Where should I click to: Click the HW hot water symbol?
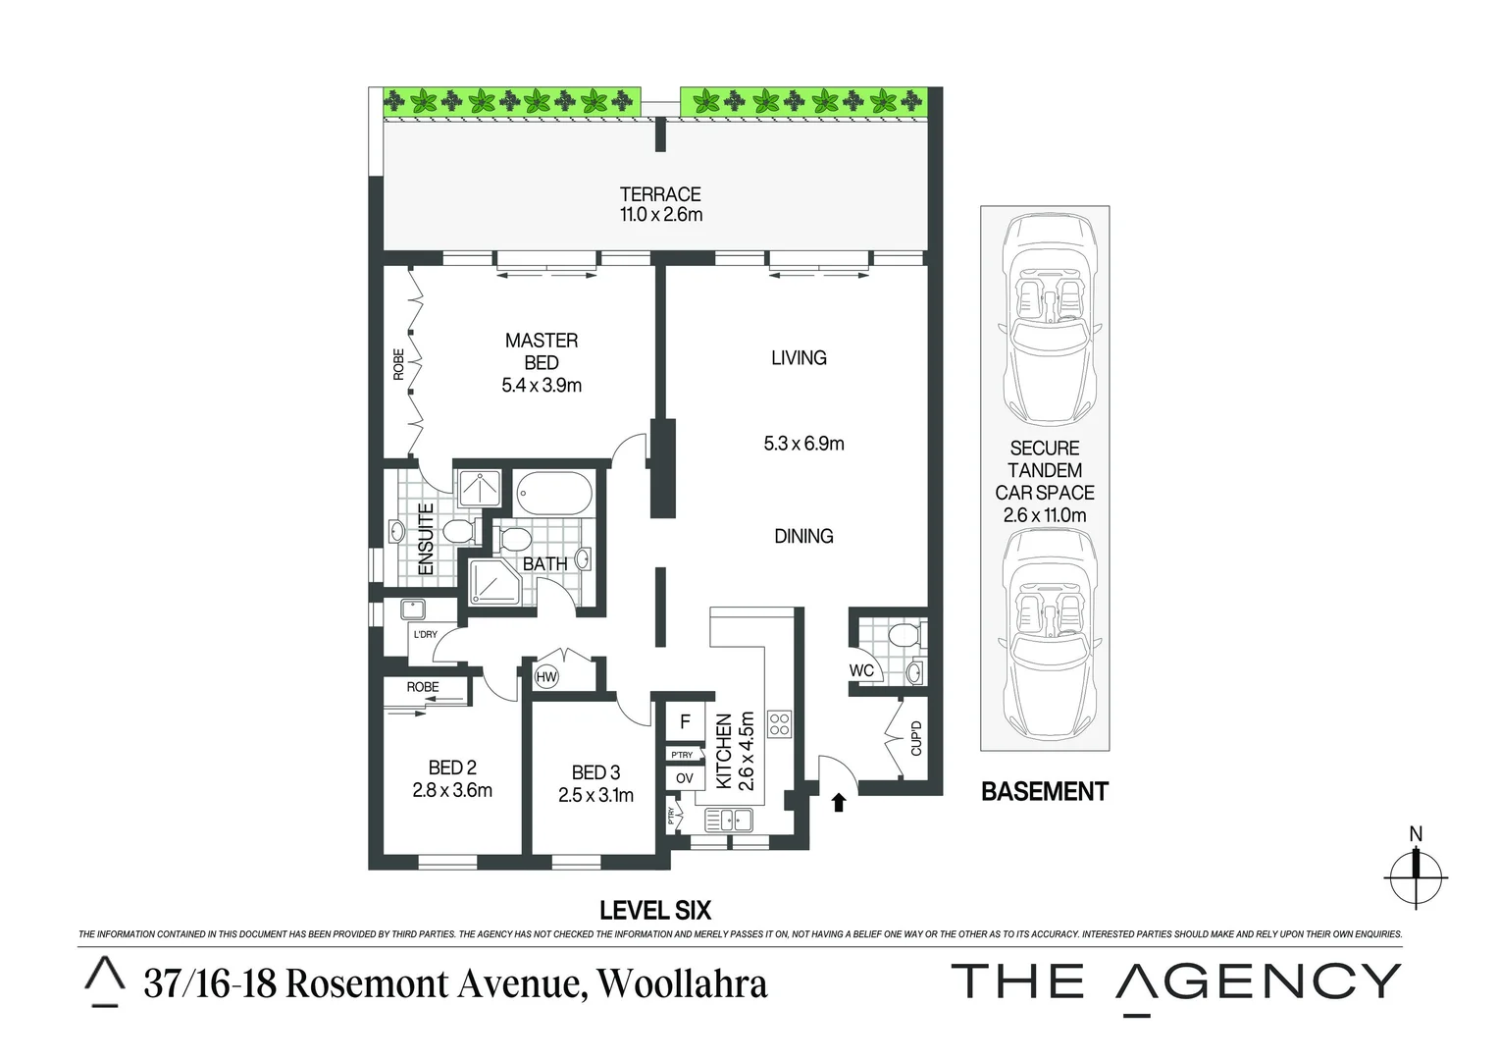546,677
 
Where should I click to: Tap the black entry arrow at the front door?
838,804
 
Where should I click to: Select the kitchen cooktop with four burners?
780,724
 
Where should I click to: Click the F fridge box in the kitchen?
685,722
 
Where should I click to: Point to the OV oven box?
685,778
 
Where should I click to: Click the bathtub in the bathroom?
553,490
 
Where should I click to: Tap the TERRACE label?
660,194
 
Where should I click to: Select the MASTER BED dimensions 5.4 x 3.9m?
542,386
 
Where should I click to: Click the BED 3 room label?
595,773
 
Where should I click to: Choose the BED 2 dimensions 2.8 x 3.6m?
452,790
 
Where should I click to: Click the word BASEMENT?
1045,792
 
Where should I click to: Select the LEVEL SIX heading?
655,911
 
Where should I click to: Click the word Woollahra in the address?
683,983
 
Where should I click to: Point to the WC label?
861,670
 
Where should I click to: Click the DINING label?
803,536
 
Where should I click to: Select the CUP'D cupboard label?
916,738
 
